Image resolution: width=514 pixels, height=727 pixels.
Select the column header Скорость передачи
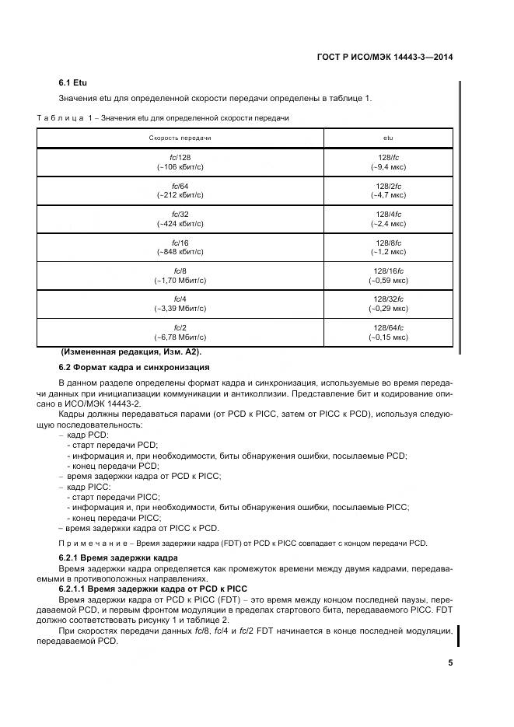(180, 138)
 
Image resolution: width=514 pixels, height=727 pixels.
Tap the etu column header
(388, 138)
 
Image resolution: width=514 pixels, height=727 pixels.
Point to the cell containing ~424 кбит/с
(180, 223)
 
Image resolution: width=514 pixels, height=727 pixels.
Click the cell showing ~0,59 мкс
(388, 280)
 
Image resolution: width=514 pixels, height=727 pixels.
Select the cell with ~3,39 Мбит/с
(180, 309)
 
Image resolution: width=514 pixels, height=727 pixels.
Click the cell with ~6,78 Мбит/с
(180, 337)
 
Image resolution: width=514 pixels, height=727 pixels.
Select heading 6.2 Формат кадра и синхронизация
(133, 367)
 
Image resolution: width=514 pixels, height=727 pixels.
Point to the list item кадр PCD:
(88, 436)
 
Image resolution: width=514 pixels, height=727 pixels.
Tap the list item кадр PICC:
(89, 486)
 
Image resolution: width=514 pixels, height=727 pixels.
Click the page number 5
(450, 663)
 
